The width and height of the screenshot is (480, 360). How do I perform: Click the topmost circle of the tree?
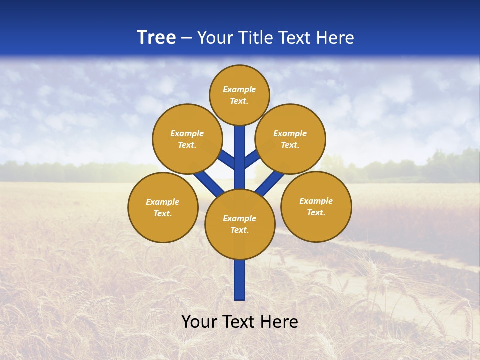tap(239, 95)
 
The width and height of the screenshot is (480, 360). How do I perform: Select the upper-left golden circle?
tap(187, 139)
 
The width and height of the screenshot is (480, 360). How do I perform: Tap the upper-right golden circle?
tap(290, 139)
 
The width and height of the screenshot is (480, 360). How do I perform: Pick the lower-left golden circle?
tap(163, 207)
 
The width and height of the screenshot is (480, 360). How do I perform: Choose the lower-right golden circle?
tap(316, 206)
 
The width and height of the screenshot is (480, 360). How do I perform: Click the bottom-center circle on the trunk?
tap(240, 224)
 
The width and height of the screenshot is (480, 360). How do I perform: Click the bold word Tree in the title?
tap(156, 38)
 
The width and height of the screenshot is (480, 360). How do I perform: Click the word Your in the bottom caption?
tap(200, 322)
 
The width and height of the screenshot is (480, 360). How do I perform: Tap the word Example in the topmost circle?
tap(239, 89)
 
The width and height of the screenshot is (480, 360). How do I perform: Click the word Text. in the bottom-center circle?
tap(239, 230)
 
